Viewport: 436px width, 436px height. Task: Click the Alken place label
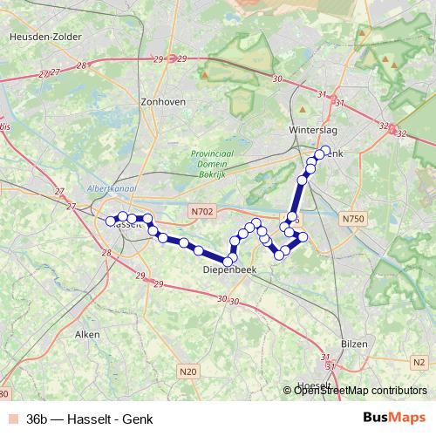(88, 333)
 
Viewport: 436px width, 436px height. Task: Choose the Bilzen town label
(354, 344)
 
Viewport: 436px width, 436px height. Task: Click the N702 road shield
(201, 210)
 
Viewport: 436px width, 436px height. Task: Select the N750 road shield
(354, 218)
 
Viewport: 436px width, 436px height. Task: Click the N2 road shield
(419, 362)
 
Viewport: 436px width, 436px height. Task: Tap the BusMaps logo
(396, 419)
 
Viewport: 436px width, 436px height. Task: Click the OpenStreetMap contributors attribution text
(360, 391)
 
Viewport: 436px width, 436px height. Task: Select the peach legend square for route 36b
(11, 419)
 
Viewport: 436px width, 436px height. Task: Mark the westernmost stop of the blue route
(111, 221)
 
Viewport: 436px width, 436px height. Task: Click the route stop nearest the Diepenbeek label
(228, 261)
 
